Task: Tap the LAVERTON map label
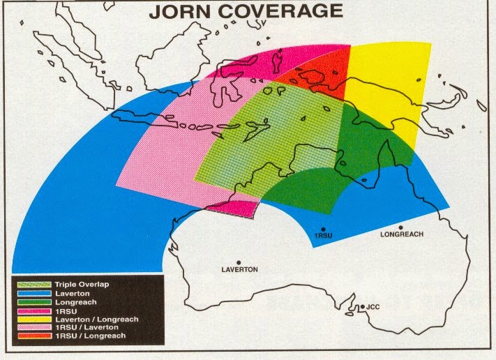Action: pos(239,269)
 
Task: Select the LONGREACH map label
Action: pos(401,234)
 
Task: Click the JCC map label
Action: pos(373,306)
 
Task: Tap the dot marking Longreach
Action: pos(401,227)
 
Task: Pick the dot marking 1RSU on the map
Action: pos(323,229)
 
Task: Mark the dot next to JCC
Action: pos(361,305)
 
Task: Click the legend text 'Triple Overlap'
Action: pos(82,285)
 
